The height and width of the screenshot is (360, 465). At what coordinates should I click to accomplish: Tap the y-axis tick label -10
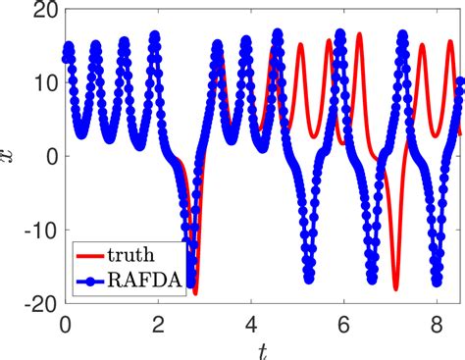[37, 230]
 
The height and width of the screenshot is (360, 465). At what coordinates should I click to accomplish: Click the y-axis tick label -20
[37, 303]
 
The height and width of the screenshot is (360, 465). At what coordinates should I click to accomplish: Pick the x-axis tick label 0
[65, 323]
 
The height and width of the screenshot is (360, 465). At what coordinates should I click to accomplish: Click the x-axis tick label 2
[158, 323]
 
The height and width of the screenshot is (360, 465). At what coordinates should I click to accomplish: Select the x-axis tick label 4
[250, 323]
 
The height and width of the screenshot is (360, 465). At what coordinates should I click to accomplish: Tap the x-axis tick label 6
[343, 323]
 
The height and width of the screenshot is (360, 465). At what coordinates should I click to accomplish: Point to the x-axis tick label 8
[436, 323]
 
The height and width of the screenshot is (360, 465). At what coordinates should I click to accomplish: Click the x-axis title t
[262, 347]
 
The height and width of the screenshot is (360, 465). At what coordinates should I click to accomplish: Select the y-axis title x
[12, 157]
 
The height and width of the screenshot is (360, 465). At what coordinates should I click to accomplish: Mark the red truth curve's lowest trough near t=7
[396, 288]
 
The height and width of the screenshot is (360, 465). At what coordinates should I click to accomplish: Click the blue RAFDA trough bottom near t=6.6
[371, 278]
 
